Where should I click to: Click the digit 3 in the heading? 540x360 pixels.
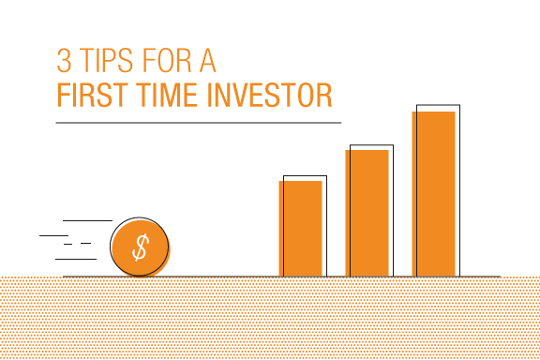[64, 60]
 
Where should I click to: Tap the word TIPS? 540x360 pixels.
[106, 60]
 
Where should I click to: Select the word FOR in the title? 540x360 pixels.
[166, 60]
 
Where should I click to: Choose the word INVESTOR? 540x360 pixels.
[269, 95]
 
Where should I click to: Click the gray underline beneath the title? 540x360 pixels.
[199, 123]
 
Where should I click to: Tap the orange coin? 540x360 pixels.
[141, 248]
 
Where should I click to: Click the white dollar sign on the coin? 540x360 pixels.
[141, 247]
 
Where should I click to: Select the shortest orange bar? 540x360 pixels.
[300, 229]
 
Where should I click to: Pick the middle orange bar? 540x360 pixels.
[367, 213]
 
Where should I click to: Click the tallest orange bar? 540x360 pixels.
[433, 194]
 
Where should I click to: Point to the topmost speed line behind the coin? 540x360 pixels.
[87, 220]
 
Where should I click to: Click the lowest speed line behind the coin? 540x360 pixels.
[76, 259]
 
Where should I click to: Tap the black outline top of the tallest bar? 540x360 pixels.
[438, 105]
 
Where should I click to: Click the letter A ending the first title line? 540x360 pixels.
[208, 60]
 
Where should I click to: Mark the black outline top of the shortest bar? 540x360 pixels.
[305, 175]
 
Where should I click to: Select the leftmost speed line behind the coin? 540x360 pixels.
[53, 235]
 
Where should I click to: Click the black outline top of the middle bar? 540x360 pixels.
[371, 145]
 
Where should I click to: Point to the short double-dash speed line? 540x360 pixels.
[77, 244]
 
